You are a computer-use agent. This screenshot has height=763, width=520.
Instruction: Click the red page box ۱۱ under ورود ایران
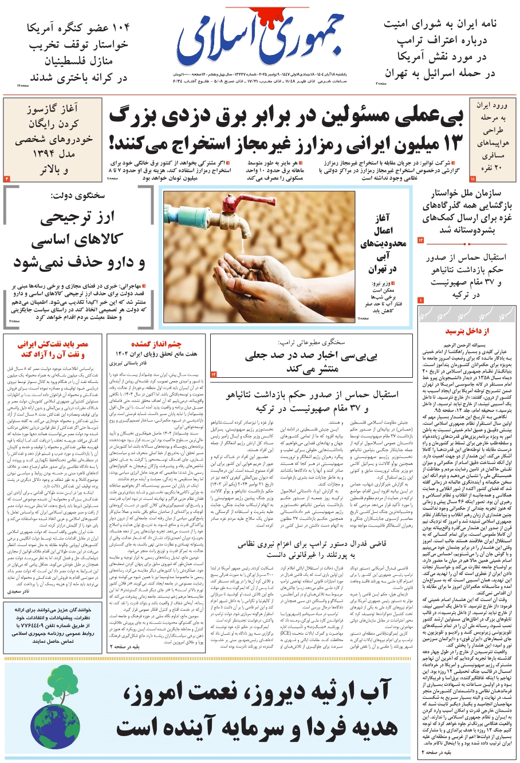pyautogui.click(x=472, y=179)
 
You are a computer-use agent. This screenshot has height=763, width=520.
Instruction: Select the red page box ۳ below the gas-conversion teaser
pyautogui.click(x=7, y=179)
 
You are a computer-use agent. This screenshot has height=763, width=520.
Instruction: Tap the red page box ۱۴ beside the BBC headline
pyautogui.click(x=214, y=374)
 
